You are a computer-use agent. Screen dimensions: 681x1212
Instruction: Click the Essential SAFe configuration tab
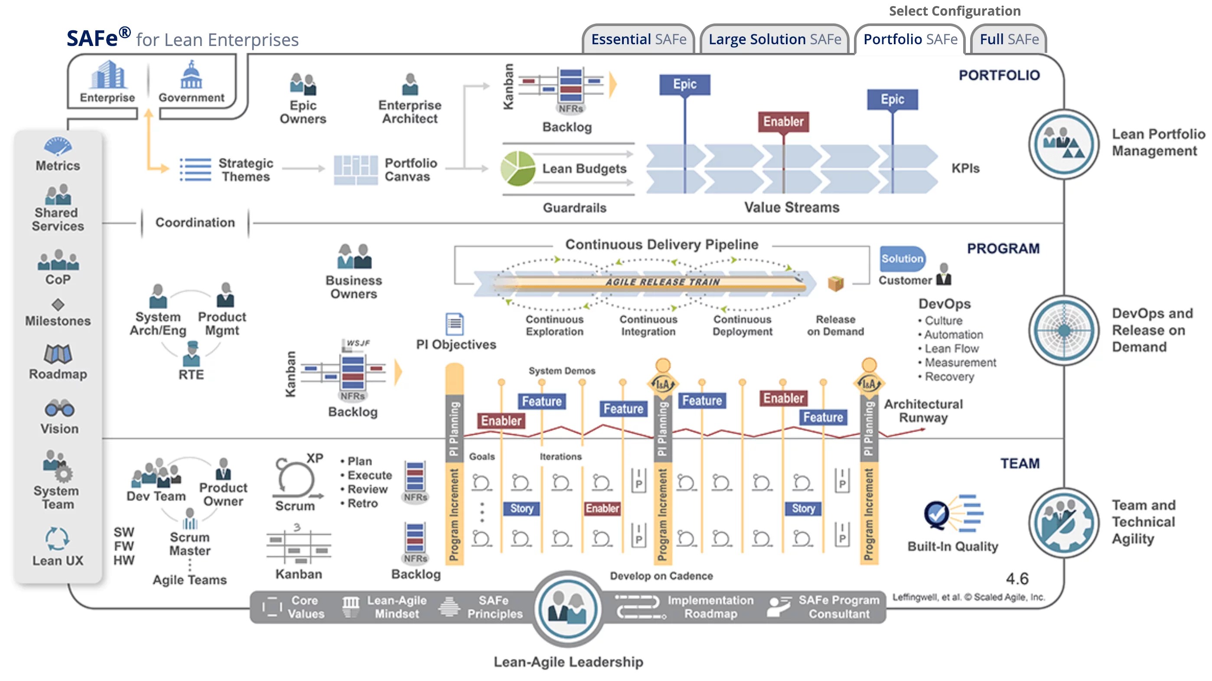click(639, 39)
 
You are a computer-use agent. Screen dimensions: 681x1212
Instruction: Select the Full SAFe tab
click(1009, 39)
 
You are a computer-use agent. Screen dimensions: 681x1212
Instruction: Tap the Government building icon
click(191, 75)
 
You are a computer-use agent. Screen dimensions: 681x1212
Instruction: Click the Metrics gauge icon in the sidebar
click(58, 146)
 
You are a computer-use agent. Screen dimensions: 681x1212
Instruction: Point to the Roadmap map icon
click(58, 354)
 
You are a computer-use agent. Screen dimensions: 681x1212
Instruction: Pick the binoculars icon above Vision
click(59, 409)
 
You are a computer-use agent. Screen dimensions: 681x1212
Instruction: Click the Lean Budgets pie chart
click(518, 168)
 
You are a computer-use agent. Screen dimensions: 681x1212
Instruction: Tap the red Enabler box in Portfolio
click(783, 121)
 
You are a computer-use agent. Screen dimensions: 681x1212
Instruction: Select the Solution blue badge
click(902, 259)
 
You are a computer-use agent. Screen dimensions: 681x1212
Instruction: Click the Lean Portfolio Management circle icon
click(1063, 144)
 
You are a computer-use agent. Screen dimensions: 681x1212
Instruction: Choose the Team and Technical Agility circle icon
click(1063, 523)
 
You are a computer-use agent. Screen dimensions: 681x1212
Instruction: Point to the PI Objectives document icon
click(454, 324)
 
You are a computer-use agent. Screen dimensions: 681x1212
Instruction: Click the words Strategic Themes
click(246, 170)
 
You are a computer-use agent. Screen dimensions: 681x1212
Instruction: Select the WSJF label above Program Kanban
click(358, 343)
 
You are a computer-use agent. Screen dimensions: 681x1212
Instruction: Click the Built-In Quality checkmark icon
click(936, 514)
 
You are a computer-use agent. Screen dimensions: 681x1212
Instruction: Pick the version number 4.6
click(1017, 579)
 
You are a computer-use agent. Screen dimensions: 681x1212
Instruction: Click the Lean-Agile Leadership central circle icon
click(568, 609)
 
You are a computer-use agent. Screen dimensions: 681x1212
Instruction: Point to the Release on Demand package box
click(836, 283)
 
